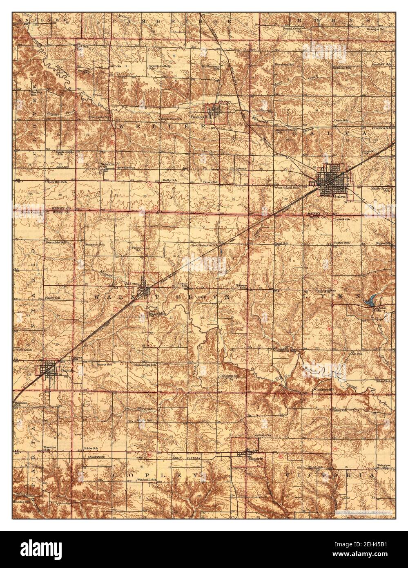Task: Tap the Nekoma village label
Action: pos(106,165)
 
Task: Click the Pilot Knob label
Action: pos(25,351)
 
